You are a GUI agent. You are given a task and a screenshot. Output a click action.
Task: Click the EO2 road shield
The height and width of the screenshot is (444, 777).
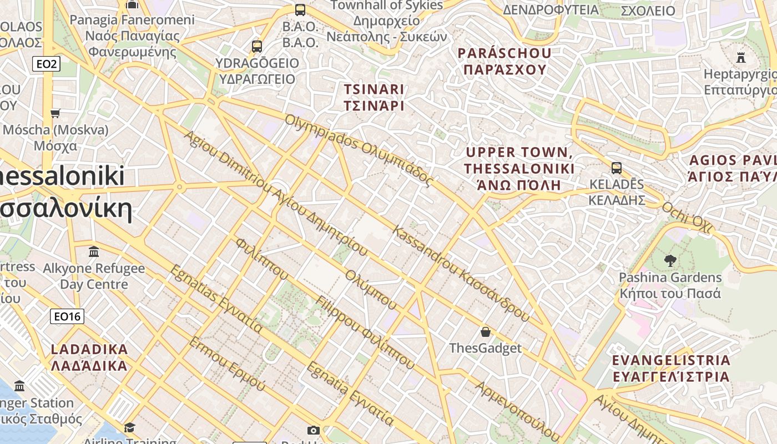pos(46,64)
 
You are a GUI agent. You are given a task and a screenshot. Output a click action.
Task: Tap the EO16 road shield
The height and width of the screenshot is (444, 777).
pos(67,317)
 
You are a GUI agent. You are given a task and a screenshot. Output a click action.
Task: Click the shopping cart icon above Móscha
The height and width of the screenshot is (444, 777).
pos(55,113)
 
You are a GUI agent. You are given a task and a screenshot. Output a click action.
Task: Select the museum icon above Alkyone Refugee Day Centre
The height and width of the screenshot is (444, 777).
pos(94,252)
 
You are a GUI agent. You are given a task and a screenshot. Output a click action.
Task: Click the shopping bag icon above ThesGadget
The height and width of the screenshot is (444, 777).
pos(486,332)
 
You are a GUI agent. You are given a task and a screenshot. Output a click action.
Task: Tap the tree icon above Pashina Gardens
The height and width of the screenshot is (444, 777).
pos(670,260)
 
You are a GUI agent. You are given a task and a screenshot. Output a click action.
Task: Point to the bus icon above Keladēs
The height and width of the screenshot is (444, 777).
pos(616,168)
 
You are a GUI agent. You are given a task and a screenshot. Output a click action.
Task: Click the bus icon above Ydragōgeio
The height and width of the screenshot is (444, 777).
pos(256,47)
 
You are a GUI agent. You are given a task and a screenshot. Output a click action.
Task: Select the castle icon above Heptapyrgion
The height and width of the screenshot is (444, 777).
pos(740,57)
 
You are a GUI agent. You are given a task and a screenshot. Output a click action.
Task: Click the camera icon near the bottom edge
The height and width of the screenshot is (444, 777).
pos(314,430)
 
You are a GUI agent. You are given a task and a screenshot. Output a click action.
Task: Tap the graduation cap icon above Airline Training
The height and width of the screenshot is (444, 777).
pos(129,427)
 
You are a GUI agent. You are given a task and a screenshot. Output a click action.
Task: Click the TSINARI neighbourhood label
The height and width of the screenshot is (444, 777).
pos(374,97)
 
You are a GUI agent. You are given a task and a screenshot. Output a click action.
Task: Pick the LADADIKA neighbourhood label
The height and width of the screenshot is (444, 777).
pos(89,357)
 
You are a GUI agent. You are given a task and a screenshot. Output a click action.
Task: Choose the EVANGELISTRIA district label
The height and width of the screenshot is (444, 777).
pos(671,368)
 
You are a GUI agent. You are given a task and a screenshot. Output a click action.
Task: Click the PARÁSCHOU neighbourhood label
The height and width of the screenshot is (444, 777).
pos(504,61)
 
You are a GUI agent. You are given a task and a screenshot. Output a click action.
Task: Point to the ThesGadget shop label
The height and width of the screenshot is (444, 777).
pos(485,348)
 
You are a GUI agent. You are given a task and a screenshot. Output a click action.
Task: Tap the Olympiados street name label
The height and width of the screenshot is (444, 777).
pos(359,149)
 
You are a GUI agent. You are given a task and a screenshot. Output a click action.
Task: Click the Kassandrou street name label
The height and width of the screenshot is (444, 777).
pos(461,273)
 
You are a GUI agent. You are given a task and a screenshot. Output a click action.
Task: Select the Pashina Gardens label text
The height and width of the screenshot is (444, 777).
pos(670,285)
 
